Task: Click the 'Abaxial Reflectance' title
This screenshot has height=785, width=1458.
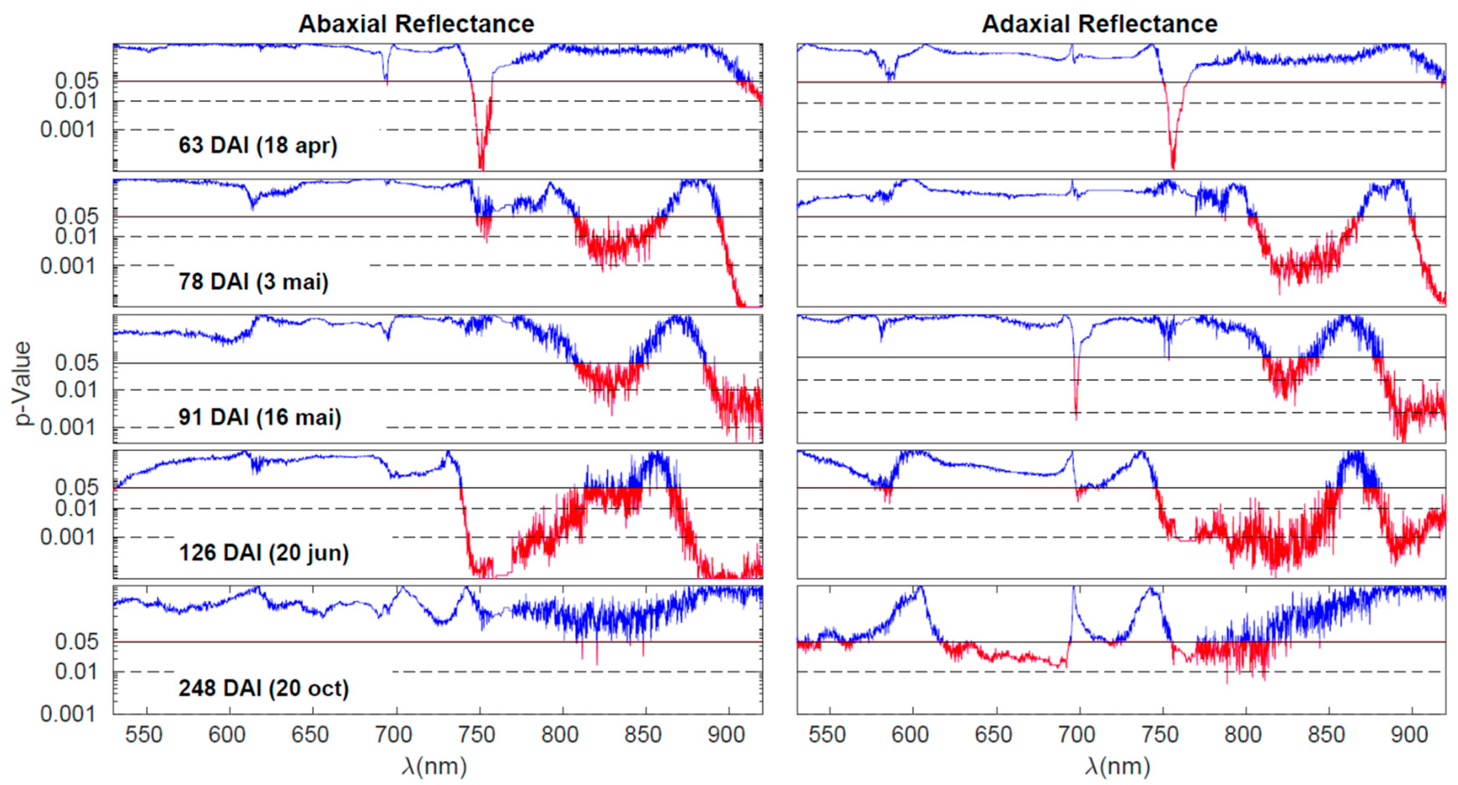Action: coord(416,24)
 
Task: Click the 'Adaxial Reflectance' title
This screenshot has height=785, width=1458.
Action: coord(1099,24)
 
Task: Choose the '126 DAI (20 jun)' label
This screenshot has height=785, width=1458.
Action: coord(264,553)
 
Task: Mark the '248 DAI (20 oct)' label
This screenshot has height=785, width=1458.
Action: coord(264,689)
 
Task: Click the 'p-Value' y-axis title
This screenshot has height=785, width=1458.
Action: coord(23,383)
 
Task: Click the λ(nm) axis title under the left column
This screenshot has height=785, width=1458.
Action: coord(435,766)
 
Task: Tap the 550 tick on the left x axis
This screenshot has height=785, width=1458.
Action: coord(144,735)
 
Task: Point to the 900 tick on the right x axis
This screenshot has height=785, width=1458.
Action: coord(1409,735)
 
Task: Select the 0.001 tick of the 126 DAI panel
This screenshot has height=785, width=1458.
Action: coord(68,537)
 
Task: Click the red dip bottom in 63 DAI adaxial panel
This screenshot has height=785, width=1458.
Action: coord(1173,168)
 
